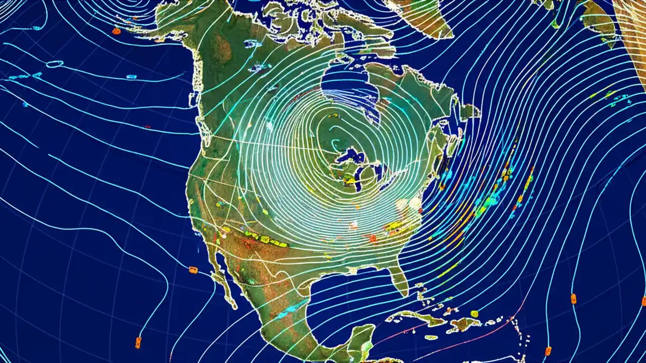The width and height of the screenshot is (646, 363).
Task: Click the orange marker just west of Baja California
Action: point(193,270)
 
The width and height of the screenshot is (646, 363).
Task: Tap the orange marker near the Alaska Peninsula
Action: point(116,31)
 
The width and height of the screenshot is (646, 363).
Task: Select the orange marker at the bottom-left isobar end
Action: point(138,343)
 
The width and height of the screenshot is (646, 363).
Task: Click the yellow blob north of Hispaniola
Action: point(474,314)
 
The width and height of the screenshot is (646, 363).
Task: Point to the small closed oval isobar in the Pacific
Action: point(55,64)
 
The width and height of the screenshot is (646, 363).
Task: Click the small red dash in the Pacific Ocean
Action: point(147,127)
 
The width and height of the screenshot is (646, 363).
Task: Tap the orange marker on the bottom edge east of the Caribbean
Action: point(548,350)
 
